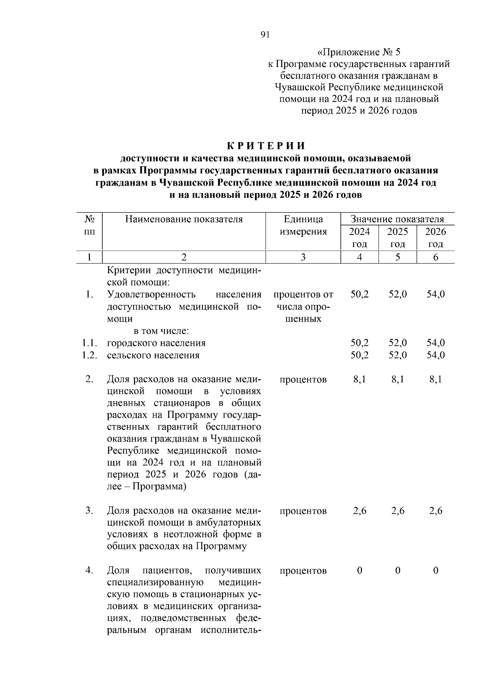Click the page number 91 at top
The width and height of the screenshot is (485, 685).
click(x=265, y=35)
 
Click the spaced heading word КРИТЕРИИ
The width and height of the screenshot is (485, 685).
click(x=265, y=146)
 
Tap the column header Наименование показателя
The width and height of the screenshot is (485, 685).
click(x=184, y=219)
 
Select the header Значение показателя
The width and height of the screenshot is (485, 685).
click(x=397, y=219)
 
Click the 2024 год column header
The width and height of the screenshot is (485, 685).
click(x=359, y=238)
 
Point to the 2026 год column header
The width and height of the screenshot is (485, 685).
click(x=436, y=238)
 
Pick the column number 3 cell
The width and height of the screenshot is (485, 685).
click(x=303, y=257)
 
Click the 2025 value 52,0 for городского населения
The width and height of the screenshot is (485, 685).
click(x=398, y=343)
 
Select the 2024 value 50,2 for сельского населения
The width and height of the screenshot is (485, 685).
click(x=359, y=355)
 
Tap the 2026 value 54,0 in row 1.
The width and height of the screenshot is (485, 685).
click(x=436, y=294)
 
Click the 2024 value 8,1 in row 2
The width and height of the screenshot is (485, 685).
click(x=359, y=379)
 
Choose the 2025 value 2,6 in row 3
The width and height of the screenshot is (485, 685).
click(x=398, y=511)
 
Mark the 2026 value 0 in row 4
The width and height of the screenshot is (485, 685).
click(x=436, y=571)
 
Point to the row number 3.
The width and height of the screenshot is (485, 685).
click(x=89, y=511)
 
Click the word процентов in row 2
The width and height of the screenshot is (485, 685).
click(x=303, y=379)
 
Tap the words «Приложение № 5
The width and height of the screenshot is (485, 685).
click(x=359, y=52)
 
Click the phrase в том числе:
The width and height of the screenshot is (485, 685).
click(x=162, y=331)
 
